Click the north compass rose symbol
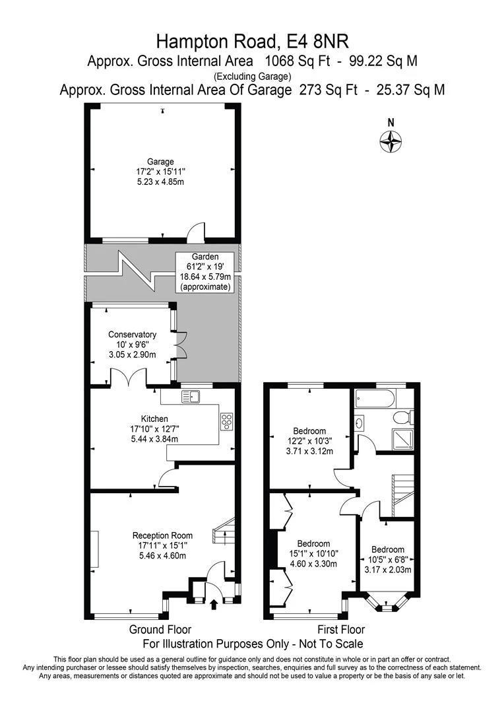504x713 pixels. [390, 141]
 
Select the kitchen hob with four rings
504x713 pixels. [226, 421]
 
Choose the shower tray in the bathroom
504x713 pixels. [402, 438]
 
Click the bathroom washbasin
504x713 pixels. [360, 424]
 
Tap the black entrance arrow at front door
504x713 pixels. [214, 603]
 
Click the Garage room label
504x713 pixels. [160, 162]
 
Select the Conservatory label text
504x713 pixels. [132, 334]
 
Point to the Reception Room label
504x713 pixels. [162, 535]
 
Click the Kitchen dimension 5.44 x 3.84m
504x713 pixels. [154, 439]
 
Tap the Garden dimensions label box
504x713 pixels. [205, 272]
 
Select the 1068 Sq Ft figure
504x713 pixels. [298, 61]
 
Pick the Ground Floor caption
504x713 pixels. [160, 629]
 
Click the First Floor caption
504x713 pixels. [341, 629]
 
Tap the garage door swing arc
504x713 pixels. [197, 229]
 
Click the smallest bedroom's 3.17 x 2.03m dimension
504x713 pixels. [388, 569]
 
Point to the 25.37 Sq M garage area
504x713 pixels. [410, 90]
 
